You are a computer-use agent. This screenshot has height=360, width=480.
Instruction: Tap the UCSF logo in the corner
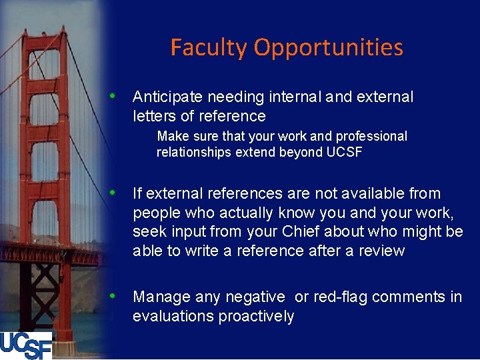26,344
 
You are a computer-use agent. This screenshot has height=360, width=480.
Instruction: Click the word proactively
255,316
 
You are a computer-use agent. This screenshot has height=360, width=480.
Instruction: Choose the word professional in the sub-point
371,136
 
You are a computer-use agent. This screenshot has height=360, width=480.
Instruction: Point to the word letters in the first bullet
153,117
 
